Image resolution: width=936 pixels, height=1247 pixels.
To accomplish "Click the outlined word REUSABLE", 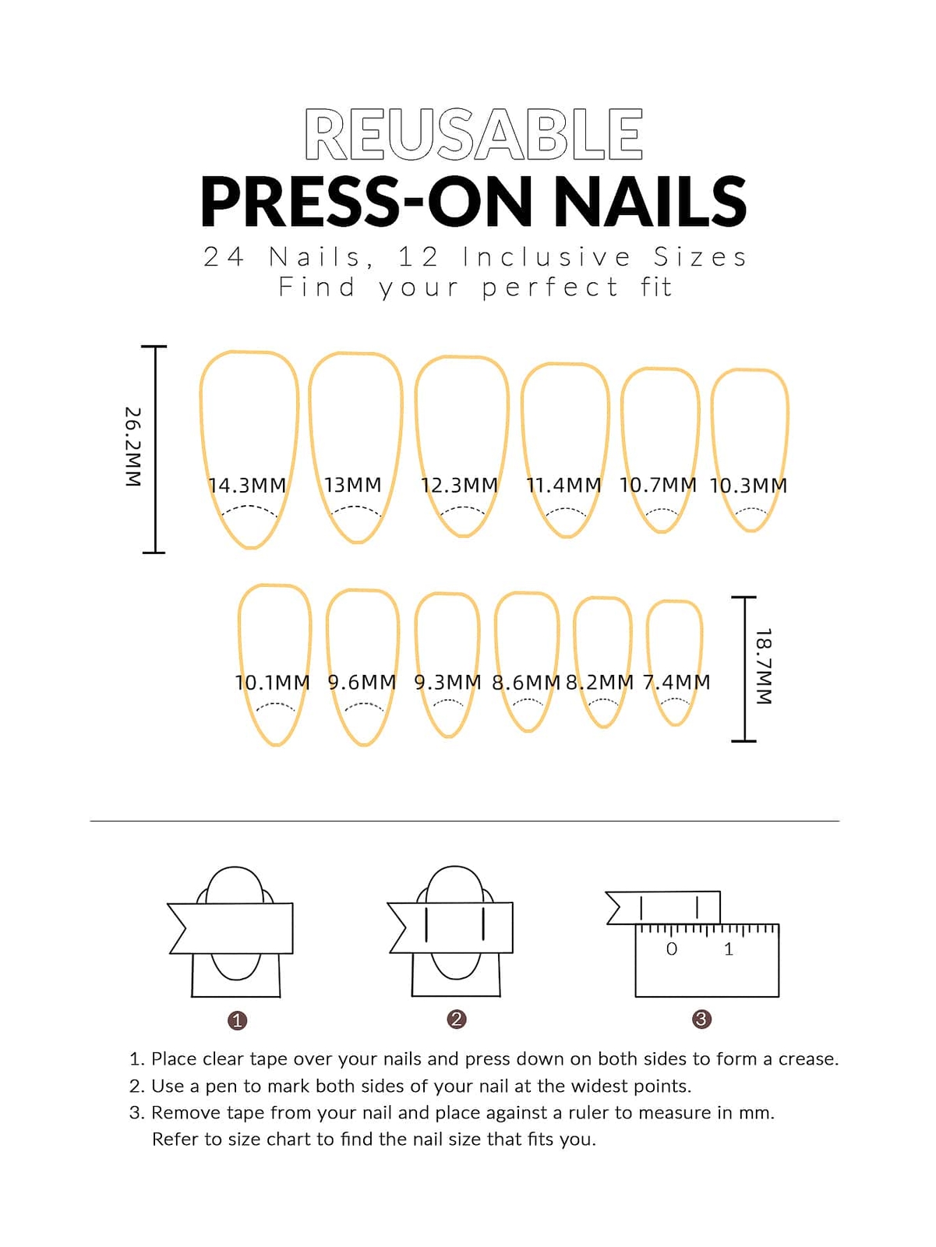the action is (474, 134).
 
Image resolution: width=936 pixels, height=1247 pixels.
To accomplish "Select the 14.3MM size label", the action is (247, 486).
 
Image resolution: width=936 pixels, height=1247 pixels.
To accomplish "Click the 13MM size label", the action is (353, 486).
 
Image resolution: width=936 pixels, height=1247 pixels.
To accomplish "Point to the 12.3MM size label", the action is (459, 486).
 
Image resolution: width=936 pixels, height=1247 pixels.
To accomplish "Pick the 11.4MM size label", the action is (563, 486).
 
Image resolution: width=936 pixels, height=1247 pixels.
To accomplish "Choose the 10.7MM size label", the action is (658, 486).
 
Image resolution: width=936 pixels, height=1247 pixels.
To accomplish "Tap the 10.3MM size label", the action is (749, 486).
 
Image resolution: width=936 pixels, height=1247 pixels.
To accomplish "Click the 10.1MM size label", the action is (273, 682).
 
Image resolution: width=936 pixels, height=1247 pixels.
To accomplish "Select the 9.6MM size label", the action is (362, 682).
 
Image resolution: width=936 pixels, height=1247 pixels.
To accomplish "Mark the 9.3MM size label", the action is (447, 682).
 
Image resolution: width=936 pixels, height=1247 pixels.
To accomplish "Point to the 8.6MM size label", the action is (526, 682).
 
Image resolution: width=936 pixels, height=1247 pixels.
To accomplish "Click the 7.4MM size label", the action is (676, 682).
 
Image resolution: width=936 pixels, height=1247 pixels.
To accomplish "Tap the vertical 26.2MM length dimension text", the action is (133, 447).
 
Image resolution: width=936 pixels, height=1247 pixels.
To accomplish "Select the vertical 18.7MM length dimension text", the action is (764, 666).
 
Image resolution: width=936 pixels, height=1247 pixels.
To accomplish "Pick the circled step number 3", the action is (702, 1019).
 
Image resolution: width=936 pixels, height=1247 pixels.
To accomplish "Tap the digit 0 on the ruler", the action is (671, 948).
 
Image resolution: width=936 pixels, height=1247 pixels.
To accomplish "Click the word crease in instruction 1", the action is (808, 1059).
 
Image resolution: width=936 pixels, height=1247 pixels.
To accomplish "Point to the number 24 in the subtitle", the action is (224, 256).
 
